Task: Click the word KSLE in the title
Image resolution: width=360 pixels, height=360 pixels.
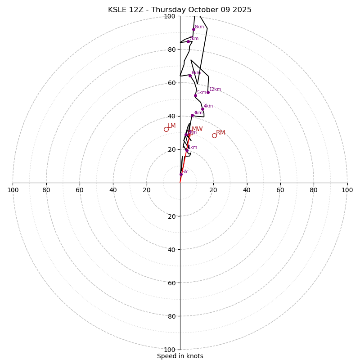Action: point(118,10)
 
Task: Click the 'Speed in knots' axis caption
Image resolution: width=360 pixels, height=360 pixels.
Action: point(180,356)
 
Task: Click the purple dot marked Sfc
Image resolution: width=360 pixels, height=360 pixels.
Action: point(181,174)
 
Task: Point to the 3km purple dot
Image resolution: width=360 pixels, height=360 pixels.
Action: point(192,115)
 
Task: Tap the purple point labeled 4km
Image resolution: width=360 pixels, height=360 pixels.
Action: point(202,109)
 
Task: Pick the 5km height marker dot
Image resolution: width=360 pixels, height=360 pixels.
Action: point(195,95)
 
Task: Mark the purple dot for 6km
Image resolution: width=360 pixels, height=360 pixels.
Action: point(190,76)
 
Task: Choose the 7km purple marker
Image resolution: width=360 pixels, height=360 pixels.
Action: point(188,41)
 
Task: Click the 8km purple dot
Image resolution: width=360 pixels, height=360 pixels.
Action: point(193,29)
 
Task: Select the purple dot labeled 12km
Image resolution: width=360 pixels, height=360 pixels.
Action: point(208,92)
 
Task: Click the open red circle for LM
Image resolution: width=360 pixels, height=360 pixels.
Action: point(166,129)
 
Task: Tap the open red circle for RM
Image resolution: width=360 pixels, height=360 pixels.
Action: point(214,135)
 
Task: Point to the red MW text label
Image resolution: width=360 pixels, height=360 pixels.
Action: point(197,129)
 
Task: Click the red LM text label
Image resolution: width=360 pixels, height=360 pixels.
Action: point(171,126)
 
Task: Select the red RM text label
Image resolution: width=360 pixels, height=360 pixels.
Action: point(220,133)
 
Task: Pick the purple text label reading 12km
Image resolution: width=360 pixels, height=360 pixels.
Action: point(215,89)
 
